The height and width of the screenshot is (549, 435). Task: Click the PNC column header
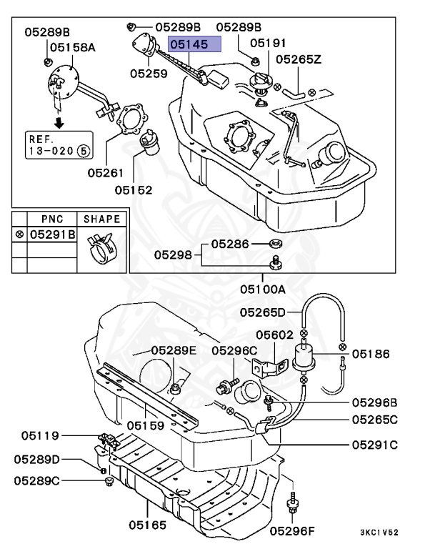point(51,219)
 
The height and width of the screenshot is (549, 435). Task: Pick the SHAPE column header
point(102,219)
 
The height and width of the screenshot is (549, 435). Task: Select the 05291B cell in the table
point(51,234)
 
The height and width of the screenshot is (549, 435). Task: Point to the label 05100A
point(262,290)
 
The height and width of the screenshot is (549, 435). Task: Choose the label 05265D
point(262,312)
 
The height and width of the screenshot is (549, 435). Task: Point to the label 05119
point(40,435)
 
